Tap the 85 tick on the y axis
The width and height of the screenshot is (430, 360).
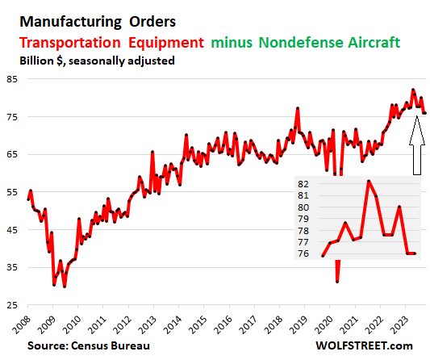pyautogui.click(x=15, y=79)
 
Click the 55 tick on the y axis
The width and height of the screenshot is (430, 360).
pyautogui.click(x=15, y=192)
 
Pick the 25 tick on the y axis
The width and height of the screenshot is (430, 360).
pyautogui.click(x=15, y=305)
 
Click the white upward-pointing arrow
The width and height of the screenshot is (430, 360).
pyautogui.click(x=416, y=145)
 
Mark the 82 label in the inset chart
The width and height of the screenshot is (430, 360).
pyautogui.click(x=303, y=185)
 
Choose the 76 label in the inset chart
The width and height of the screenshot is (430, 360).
pyautogui.click(x=303, y=253)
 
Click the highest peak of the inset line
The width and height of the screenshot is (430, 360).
pyautogui.click(x=368, y=181)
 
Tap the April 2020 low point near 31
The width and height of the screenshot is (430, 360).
pyautogui.click(x=337, y=282)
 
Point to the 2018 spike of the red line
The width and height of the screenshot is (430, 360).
pyautogui.click(x=298, y=108)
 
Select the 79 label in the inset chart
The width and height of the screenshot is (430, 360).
pyautogui.click(x=303, y=219)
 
